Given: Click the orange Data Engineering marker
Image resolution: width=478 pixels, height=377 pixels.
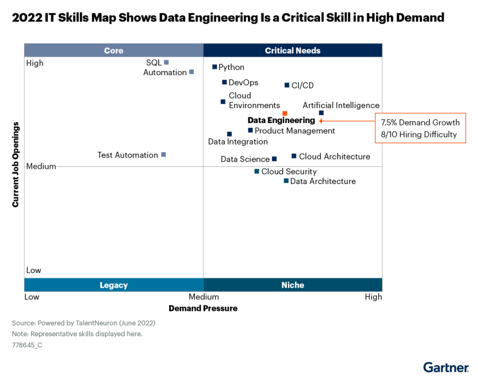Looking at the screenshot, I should (285, 113).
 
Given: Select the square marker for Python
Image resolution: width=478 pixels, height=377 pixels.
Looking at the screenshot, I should (214, 67).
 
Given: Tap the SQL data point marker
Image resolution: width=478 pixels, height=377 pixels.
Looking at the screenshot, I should (166, 62).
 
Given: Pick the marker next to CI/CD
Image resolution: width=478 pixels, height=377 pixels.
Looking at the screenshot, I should (287, 85).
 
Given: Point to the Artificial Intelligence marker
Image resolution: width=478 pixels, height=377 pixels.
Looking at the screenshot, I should (321, 113).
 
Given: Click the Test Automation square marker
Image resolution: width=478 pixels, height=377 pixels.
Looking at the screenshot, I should (164, 155).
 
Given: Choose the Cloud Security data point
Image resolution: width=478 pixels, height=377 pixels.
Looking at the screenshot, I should (257, 172).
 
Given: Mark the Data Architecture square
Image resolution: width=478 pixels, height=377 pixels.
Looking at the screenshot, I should (286, 181).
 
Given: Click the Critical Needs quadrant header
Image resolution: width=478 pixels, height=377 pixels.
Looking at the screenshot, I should (293, 51).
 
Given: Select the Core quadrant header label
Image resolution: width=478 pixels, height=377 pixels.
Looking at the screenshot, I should (113, 51).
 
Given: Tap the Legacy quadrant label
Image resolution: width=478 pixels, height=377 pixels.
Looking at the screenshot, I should (113, 285).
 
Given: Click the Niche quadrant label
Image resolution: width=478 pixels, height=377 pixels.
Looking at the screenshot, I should (293, 285).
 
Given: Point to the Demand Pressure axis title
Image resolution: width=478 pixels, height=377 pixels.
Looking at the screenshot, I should (203, 308).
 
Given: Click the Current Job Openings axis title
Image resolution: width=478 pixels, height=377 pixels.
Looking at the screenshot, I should (16, 165).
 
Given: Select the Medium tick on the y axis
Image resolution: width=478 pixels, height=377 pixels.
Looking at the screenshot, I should (41, 166).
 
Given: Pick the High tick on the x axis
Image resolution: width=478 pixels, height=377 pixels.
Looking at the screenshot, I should (373, 297).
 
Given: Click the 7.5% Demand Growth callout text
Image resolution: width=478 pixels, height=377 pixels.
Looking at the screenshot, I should (420, 123).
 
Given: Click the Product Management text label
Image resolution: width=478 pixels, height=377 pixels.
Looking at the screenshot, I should (294, 131).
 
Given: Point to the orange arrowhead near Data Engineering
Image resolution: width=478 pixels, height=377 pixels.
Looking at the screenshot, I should (321, 121).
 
